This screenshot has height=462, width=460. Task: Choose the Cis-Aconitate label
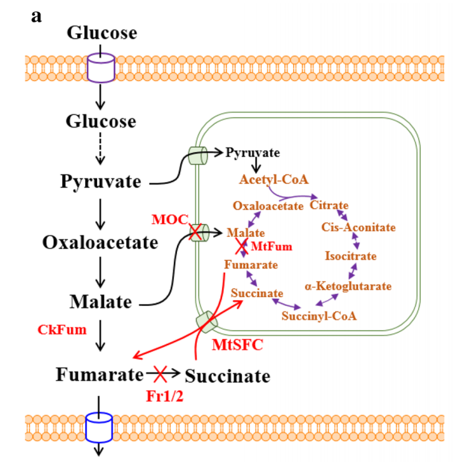[x=358, y=227]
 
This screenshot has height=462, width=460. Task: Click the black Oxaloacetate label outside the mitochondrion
[x=100, y=242]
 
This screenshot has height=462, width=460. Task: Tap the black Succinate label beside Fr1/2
[x=228, y=376]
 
